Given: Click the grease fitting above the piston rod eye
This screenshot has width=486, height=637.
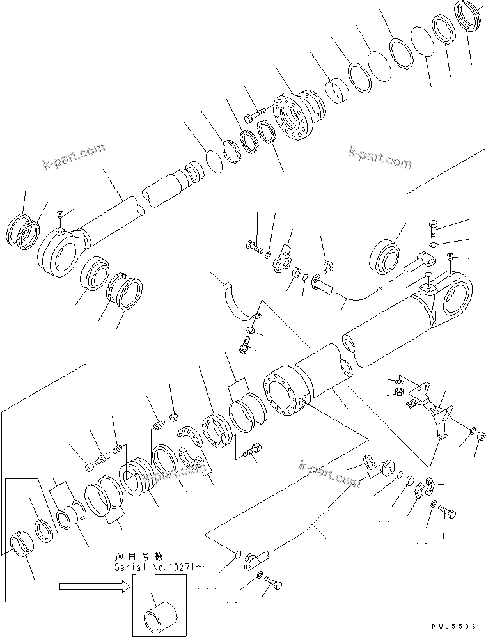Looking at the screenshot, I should (x=60, y=215).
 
